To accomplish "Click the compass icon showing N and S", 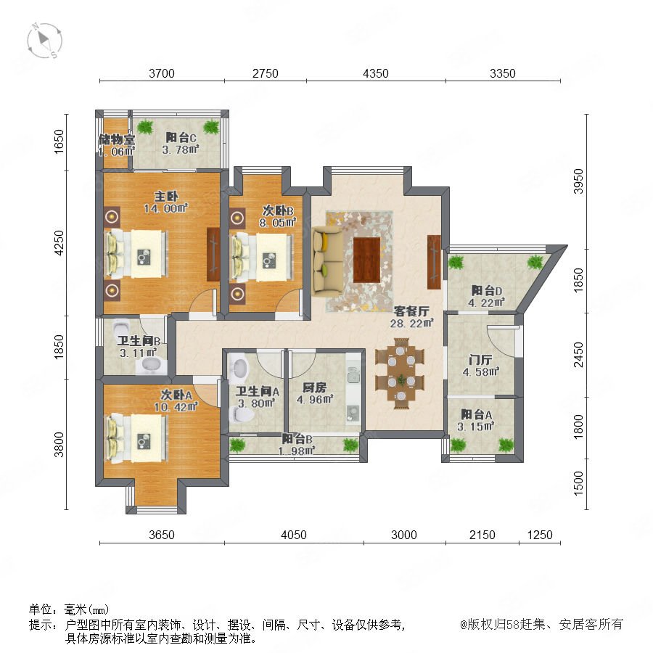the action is (x=44, y=41).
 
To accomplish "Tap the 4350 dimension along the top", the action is (x=376, y=73).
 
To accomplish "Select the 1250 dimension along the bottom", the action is (x=540, y=535).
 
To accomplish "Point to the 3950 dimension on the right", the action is (x=578, y=181).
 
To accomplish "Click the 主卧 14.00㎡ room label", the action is (x=166, y=202).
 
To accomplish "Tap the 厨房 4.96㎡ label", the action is (x=315, y=393).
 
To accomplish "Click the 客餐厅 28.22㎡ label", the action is (x=412, y=317).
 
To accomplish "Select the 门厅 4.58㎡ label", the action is (x=481, y=366).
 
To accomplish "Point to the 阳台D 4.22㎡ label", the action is (x=486, y=297).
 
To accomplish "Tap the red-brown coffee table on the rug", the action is (x=367, y=260).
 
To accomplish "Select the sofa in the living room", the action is (x=328, y=259).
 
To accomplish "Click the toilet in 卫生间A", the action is (x=243, y=414).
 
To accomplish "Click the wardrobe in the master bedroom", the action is (x=213, y=254).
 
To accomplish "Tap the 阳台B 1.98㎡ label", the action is (x=297, y=445).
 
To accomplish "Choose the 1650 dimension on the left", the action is (x=60, y=141).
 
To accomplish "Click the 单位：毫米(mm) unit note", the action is (x=69, y=609).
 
